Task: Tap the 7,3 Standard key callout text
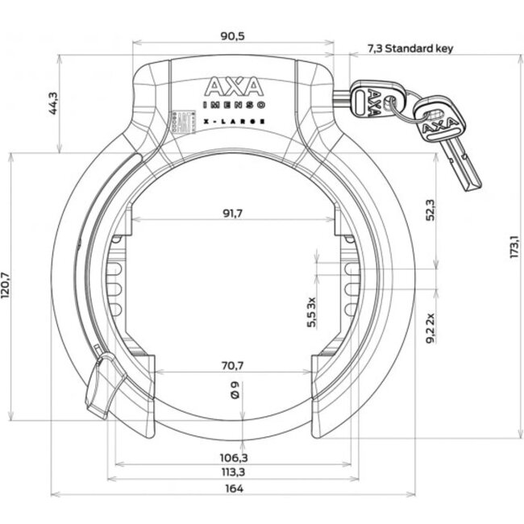point(410,48)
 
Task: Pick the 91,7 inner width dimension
point(232,214)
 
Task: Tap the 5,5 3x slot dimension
point(311,312)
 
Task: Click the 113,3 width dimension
point(232,473)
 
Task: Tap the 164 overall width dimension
point(232,489)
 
